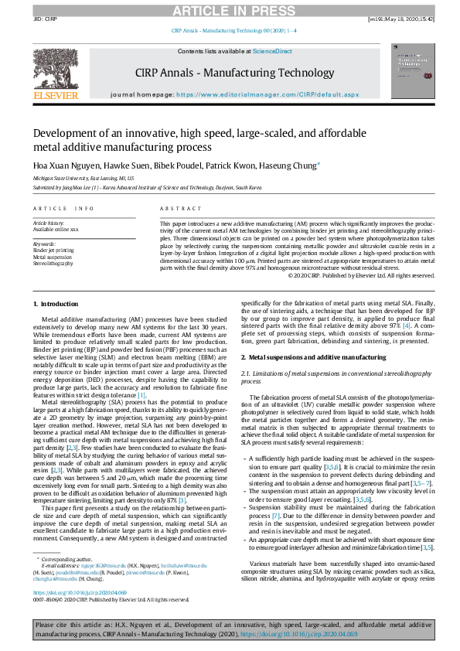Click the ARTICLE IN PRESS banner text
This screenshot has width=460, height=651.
click(x=229, y=10)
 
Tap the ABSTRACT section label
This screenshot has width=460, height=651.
click(x=175, y=209)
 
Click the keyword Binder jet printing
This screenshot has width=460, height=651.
click(x=53, y=251)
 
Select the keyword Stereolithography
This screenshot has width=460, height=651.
click(x=53, y=263)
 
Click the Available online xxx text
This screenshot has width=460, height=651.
click(x=56, y=230)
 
